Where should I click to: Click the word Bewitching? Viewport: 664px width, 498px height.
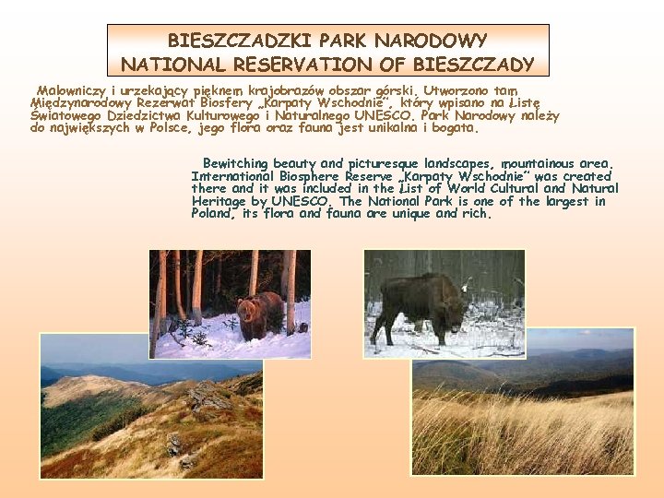[x=239, y=163]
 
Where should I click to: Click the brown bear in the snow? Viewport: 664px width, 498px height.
[x=260, y=314]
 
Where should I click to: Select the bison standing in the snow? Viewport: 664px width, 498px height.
[x=420, y=304]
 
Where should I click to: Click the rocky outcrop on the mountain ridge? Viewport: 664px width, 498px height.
[x=207, y=397]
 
